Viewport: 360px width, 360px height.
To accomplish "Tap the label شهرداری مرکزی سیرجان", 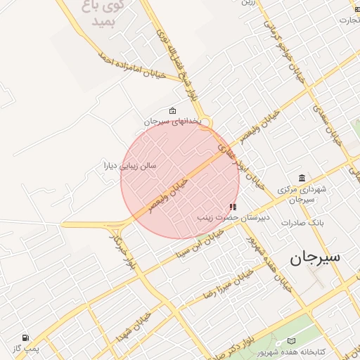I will tap(303, 194).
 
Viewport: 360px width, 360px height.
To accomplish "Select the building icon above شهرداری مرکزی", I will tap(302, 177).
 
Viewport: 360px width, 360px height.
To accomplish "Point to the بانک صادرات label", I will tap(301, 223).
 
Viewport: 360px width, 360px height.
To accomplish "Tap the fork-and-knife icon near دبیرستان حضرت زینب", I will tap(233, 207).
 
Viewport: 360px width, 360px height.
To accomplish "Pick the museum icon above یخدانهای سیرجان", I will tap(173, 110).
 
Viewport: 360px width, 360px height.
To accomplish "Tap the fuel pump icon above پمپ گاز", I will tap(26, 337).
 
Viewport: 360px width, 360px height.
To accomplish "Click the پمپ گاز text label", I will tap(26, 348).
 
